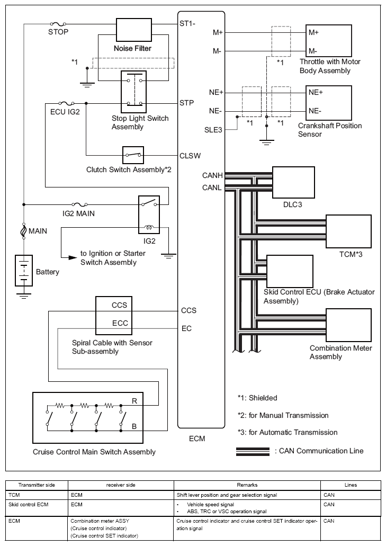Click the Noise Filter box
(x=133, y=30)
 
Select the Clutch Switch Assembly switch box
(x=133, y=155)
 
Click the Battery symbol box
(x=24, y=271)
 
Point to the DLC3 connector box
(x=293, y=182)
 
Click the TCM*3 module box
(x=348, y=231)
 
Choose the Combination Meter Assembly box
(x=348, y=325)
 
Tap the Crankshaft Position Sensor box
(x=329, y=102)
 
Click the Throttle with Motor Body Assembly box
(x=329, y=41)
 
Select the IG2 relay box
(x=149, y=214)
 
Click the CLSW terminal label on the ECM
(x=190, y=156)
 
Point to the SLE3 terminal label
(x=213, y=130)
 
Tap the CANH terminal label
(x=212, y=175)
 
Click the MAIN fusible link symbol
(x=24, y=231)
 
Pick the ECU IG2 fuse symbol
(x=66, y=103)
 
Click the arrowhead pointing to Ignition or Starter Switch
(x=72, y=258)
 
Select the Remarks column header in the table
(x=247, y=485)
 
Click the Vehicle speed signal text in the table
(x=210, y=504)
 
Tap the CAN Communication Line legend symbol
(x=253, y=451)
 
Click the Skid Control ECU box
(x=290, y=271)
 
